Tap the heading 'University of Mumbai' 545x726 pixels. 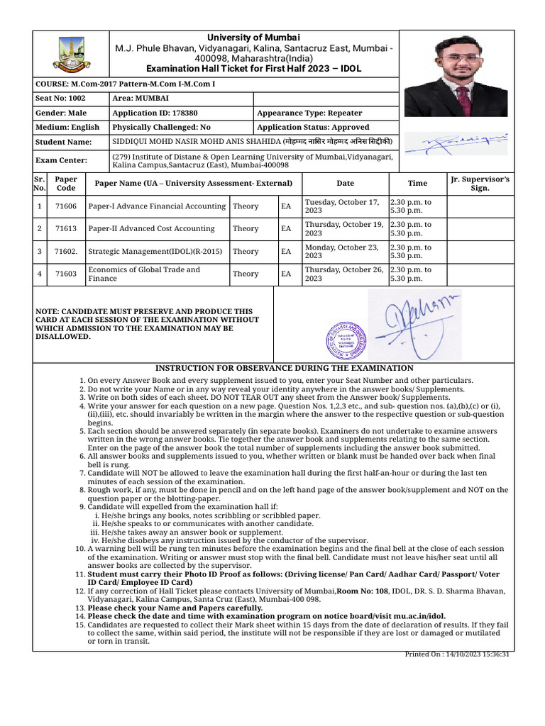click(x=253, y=37)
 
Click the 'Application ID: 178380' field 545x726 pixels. click(x=155, y=113)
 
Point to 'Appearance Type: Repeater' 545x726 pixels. click(x=309, y=113)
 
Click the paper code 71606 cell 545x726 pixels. click(x=65, y=206)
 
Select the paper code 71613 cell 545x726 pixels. click(x=65, y=229)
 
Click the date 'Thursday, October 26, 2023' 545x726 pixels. click(x=344, y=274)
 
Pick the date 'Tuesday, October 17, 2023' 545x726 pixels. click(x=344, y=206)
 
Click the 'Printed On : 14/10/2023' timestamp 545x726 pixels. click(x=457, y=654)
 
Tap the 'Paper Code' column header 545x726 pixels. click(x=65, y=184)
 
